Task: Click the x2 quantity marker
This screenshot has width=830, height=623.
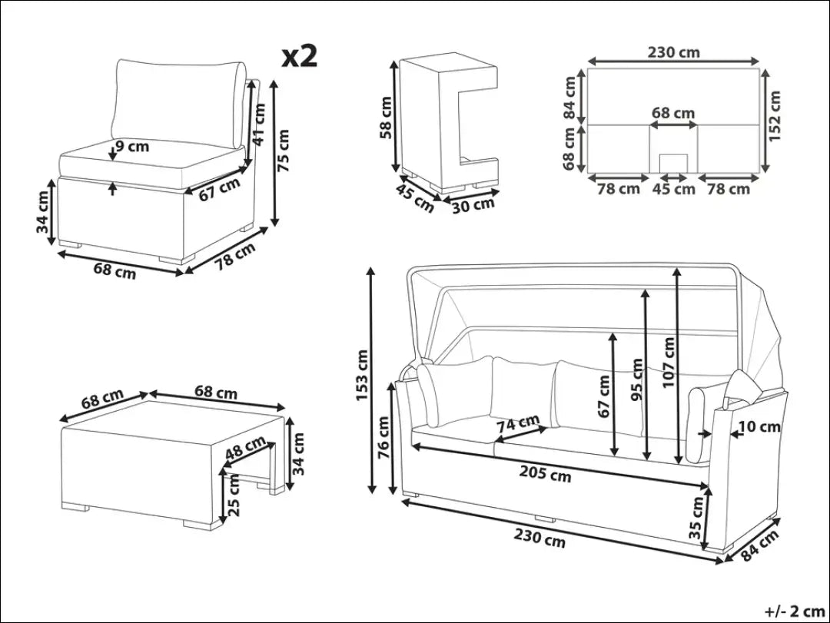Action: (x=299, y=55)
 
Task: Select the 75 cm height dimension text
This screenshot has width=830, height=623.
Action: (x=284, y=150)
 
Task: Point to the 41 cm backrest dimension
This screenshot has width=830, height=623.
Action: (x=259, y=124)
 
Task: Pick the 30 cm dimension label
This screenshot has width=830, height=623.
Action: (x=473, y=204)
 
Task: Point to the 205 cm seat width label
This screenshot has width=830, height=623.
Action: (x=545, y=474)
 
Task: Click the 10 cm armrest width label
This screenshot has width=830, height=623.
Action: (x=760, y=426)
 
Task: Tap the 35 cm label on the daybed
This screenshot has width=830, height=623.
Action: (x=696, y=518)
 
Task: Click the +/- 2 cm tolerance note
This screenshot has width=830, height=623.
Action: (x=792, y=611)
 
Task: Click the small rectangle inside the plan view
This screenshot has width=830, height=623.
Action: (x=674, y=163)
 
